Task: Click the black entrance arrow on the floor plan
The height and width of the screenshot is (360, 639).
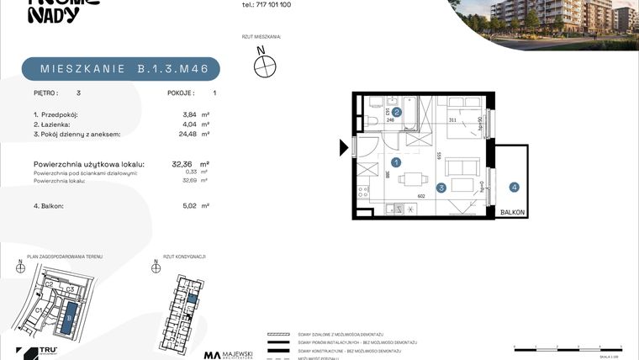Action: click(x=343, y=149)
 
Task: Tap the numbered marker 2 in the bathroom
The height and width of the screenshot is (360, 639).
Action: click(x=397, y=111)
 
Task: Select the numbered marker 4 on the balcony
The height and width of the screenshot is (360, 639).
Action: click(x=513, y=188)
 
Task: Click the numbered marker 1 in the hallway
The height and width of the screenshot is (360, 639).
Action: click(x=397, y=162)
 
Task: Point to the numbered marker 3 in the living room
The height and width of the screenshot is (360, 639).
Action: click(x=441, y=188)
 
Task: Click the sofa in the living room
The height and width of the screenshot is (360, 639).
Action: click(x=462, y=184)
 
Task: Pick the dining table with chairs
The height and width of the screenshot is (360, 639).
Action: click(x=412, y=179)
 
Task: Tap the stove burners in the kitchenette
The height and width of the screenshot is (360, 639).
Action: click(x=364, y=193)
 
